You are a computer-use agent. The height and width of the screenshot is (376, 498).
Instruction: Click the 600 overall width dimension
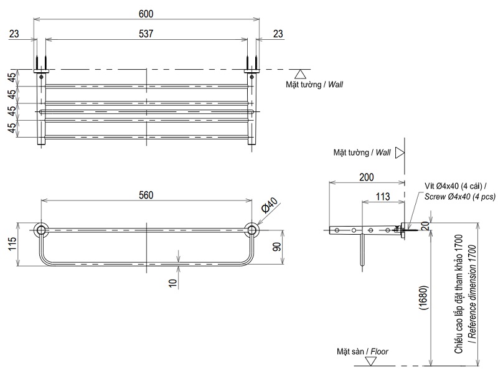click(146, 13)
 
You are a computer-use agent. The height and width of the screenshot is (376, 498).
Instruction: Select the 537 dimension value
click(146, 34)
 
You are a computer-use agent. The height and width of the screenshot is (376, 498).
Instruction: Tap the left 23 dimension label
click(14, 35)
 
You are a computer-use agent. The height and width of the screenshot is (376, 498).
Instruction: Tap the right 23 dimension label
click(278, 35)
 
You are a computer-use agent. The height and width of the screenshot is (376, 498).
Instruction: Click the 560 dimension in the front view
click(146, 195)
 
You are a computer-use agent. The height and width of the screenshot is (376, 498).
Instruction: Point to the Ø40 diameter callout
click(268, 206)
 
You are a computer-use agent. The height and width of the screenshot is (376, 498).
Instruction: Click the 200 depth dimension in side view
click(367, 177)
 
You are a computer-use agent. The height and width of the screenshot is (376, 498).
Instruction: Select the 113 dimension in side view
click(382, 197)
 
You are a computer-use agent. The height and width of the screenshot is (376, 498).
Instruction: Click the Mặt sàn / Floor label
click(360, 352)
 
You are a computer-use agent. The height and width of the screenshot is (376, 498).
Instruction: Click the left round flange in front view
click(41, 230)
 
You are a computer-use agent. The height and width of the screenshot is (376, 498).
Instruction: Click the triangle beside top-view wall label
click(299, 74)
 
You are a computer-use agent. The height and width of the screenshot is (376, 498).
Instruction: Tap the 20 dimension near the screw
click(424, 225)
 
